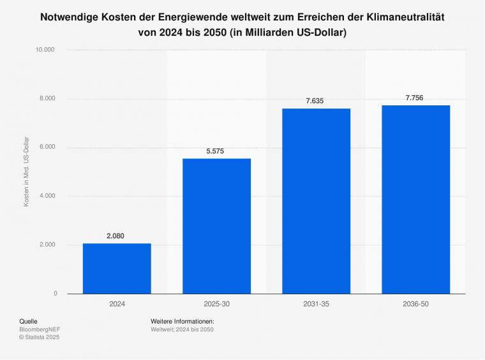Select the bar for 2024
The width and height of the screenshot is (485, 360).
pyautogui.click(x=117, y=269)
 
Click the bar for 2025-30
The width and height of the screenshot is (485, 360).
pyautogui.click(x=216, y=226)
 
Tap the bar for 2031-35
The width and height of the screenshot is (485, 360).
pyautogui.click(x=316, y=201)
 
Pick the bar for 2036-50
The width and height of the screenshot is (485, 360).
pyautogui.click(x=415, y=199)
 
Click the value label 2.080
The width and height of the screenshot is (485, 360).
pyautogui.click(x=116, y=236)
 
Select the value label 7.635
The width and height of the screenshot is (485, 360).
pyautogui.click(x=315, y=101)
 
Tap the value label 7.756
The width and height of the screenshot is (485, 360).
pyautogui.click(x=414, y=98)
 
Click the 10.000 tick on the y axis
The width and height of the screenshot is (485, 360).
pyautogui.click(x=47, y=50)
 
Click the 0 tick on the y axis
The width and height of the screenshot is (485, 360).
pyautogui.click(x=55, y=294)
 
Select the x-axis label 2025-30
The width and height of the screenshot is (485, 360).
pyautogui.click(x=216, y=304)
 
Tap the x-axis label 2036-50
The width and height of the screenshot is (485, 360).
pyautogui.click(x=415, y=304)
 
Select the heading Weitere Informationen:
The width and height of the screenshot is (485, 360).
pyautogui.click(x=182, y=321)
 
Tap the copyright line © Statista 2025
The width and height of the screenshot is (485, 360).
pyautogui.click(x=39, y=337)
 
